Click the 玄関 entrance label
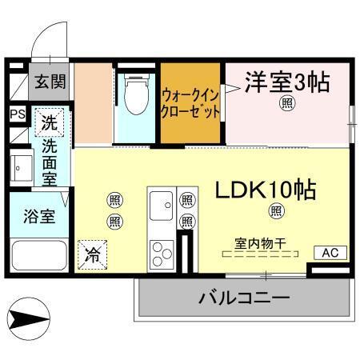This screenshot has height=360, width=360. point(50,82)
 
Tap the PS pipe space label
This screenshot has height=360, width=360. point(18,114)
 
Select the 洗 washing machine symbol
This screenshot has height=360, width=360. point(50,124)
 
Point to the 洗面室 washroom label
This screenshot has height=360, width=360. point(50,163)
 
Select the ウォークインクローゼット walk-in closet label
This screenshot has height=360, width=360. point(190,104)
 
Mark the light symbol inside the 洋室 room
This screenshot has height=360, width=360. point(285,102)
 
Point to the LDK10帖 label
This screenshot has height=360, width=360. point(264,190)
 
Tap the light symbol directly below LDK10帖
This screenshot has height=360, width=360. point(276,211)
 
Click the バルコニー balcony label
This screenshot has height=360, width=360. point(243,298)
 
